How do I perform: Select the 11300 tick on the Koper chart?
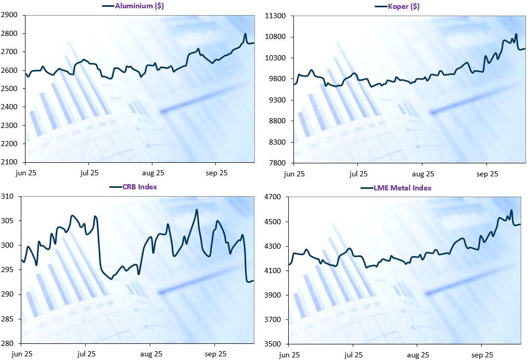click(x=276, y=16)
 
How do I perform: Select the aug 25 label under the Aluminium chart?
click(x=153, y=172)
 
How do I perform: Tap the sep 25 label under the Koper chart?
click(x=487, y=173)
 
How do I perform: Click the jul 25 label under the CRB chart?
click(x=86, y=354)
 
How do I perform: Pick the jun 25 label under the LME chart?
click(x=289, y=354)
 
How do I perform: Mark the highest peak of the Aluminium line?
click(x=246, y=34)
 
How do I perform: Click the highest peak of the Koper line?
click(x=516, y=34)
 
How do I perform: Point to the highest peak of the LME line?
click(x=511, y=210)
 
